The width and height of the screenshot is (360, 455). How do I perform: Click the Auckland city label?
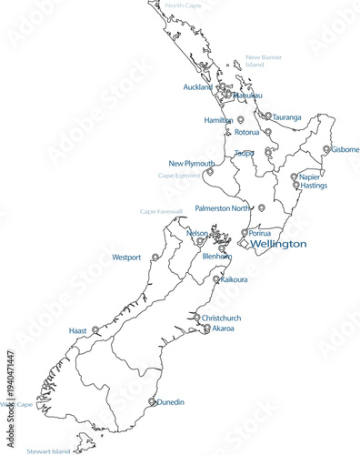[x=197, y=87]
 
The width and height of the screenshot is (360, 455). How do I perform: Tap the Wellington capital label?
[x=277, y=244]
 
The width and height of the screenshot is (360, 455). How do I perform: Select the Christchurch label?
[x=222, y=318]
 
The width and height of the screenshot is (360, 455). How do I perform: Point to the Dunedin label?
[x=172, y=401]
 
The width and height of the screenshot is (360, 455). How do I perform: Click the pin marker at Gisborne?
[x=326, y=149]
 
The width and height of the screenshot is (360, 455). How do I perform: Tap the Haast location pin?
[x=95, y=329]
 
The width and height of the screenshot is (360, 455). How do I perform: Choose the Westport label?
[x=126, y=258]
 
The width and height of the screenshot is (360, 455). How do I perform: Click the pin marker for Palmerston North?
[x=262, y=207]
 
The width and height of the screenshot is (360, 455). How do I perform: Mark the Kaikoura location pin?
[x=215, y=278]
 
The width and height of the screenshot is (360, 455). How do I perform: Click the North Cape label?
[x=183, y=5]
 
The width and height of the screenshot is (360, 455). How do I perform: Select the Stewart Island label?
[x=48, y=450]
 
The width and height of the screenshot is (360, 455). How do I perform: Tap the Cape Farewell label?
[x=161, y=211]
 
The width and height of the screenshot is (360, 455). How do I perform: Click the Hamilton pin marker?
[x=240, y=119]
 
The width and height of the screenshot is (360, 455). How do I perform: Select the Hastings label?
[x=314, y=186]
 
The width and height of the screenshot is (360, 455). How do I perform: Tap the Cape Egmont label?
[x=178, y=176]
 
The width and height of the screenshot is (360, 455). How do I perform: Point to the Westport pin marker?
[x=155, y=258]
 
